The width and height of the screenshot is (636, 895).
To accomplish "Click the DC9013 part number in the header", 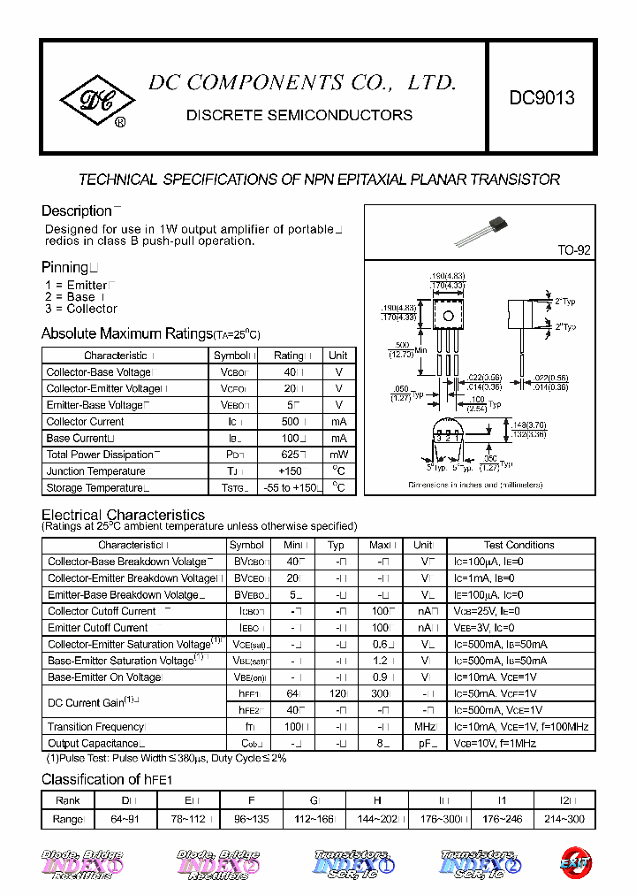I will pos(541,98).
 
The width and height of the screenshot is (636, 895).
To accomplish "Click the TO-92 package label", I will pos(573,250).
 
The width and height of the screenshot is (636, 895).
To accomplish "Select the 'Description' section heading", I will pos(76,210).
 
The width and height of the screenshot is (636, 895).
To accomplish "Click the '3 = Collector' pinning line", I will pos(81,309).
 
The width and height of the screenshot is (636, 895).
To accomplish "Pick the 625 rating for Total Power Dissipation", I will pos(288,455).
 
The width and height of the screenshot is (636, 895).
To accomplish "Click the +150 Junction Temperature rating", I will pos(289,471).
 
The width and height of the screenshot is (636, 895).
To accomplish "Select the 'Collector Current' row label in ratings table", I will pos(86,422).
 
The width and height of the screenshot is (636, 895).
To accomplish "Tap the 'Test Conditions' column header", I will pos(519,545).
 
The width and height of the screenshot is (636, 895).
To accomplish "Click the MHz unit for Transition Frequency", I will pos(426,727).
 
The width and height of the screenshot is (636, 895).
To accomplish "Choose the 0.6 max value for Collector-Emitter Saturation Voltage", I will pos(380,645).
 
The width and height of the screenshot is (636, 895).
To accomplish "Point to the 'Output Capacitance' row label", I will pos(94,744).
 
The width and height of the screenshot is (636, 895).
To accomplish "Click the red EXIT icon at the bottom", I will pos(575,862).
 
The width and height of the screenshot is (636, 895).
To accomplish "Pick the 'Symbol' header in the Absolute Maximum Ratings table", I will pos(232,356).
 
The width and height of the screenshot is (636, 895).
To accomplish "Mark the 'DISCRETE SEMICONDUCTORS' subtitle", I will pos(299,115).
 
